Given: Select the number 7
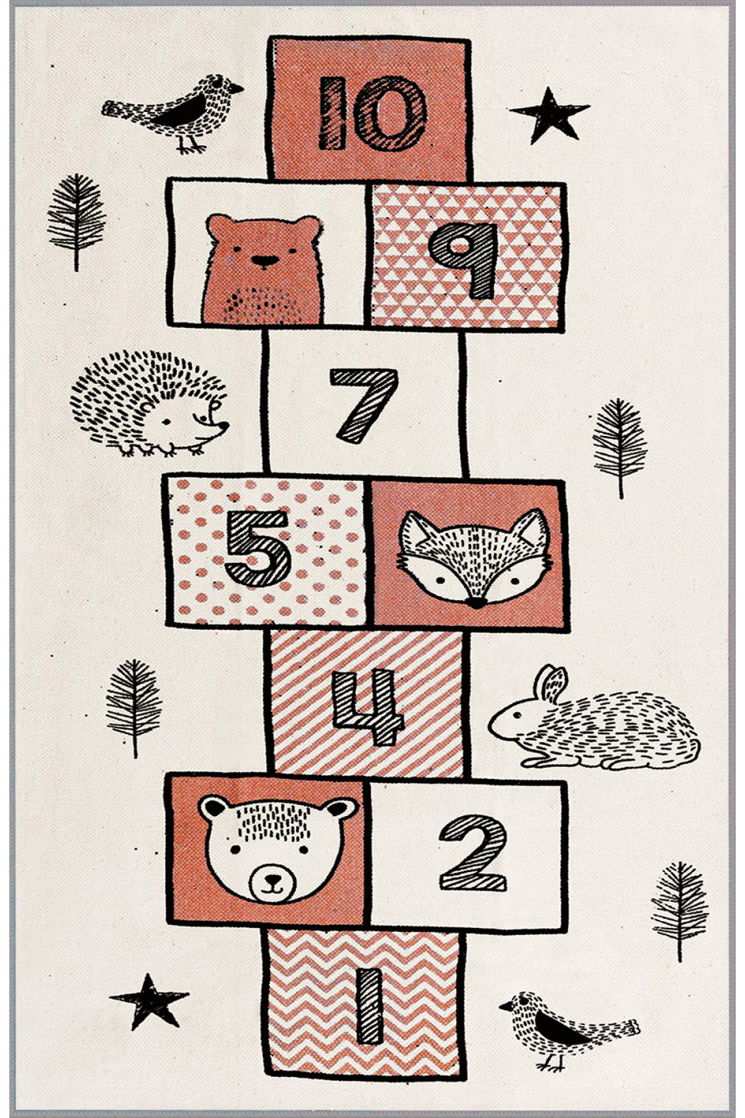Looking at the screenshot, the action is point(363,406).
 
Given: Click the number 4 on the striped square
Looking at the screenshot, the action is point(368,707).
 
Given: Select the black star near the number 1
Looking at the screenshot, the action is point(149,1001).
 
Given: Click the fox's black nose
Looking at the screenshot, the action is point(476,602).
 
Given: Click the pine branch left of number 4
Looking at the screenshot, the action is point(134,708).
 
